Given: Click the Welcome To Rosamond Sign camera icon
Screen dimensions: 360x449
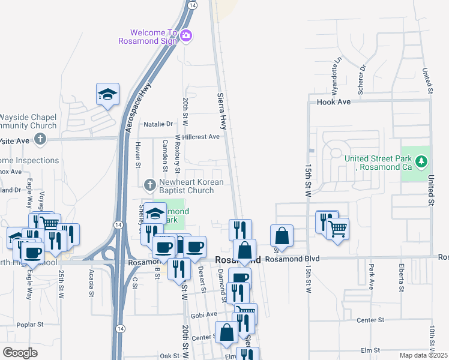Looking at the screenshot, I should (x=186, y=35).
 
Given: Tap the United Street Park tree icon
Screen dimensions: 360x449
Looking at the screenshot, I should (x=421, y=161).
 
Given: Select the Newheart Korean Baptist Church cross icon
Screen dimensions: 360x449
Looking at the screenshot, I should (x=150, y=183).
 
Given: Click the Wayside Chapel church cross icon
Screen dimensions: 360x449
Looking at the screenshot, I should (x=40, y=140).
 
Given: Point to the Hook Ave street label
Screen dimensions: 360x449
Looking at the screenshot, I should (x=333, y=102).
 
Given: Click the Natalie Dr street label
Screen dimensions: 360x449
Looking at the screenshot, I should (x=158, y=124).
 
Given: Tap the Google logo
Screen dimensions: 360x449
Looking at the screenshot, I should (x=20, y=352).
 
